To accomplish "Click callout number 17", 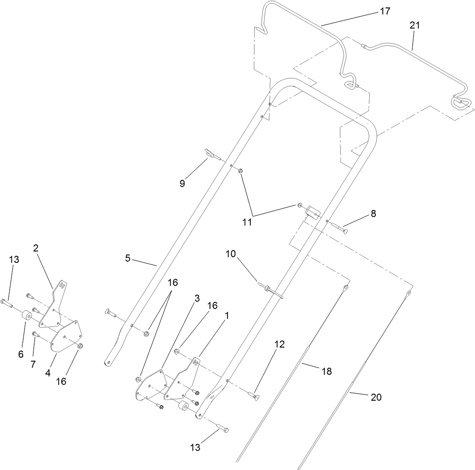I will [385, 11].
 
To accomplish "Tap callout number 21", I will [414, 25].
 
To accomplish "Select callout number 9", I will [182, 183].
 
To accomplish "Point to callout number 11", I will [247, 222].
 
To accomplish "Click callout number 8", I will [373, 214].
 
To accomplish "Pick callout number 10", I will [231, 254].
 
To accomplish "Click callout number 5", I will [128, 258].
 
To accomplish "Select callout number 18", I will [326, 371].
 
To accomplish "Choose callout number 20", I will [376, 398].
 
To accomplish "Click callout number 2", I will [36, 248].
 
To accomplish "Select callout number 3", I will [196, 298].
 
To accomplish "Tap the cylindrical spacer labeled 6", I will [26, 316].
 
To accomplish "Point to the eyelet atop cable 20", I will [408, 292].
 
